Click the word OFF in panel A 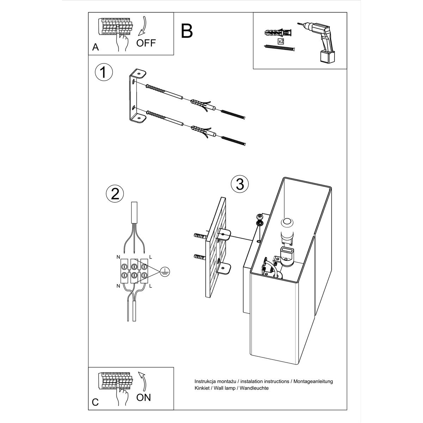(146, 43)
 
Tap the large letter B (187, 31)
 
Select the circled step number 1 (104, 73)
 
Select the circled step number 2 (115, 194)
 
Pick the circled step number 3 (240, 184)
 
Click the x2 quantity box (281, 41)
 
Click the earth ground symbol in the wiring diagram (165, 272)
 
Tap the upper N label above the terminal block (118, 257)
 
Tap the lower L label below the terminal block (151, 286)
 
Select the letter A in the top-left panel (96, 47)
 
